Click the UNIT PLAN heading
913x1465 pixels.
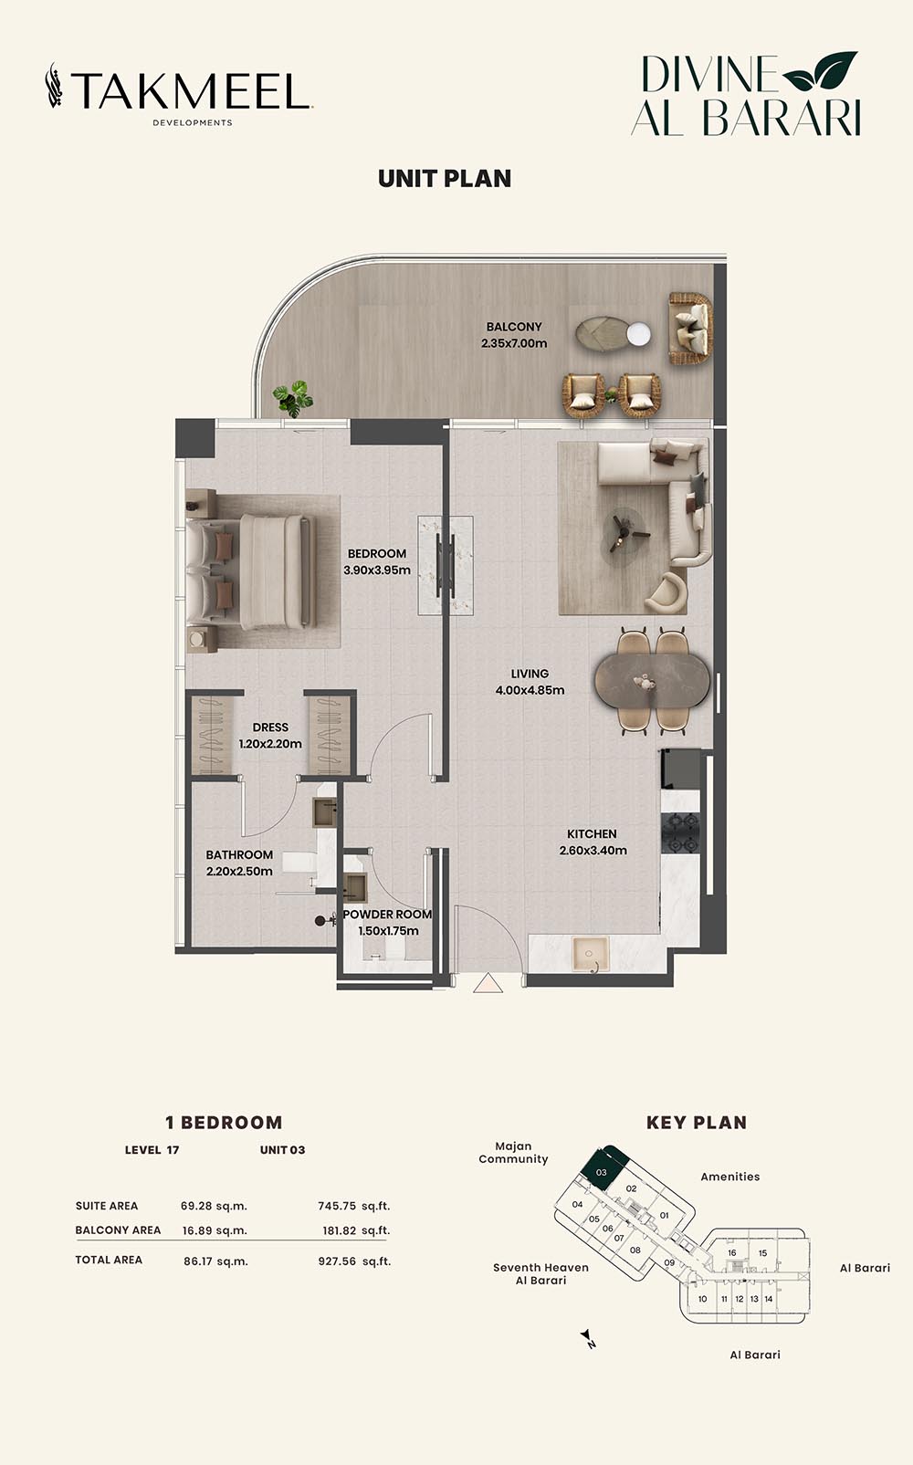(445, 179)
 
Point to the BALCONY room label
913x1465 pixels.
(514, 327)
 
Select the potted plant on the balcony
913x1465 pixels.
(293, 398)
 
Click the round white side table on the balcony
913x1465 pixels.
(638, 334)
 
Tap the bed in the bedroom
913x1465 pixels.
(252, 571)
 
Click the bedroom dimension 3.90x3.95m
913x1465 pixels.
(377, 570)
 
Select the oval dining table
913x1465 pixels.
(652, 680)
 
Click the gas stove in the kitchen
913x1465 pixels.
(680, 832)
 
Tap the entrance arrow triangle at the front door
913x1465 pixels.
(488, 983)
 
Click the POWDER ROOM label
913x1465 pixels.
(387, 915)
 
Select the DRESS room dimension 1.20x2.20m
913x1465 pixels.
(270, 744)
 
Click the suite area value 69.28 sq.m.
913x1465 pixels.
(214, 1206)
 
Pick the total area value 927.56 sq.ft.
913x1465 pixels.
(354, 1261)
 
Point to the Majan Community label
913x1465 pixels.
(513, 1153)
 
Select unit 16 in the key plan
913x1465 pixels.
(732, 1252)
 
